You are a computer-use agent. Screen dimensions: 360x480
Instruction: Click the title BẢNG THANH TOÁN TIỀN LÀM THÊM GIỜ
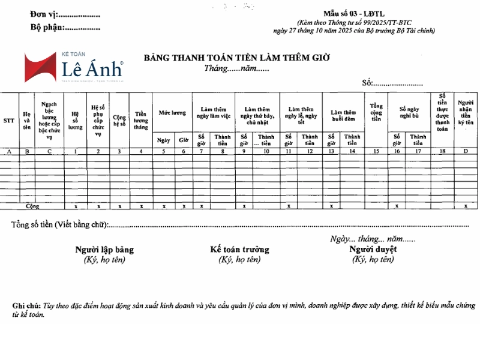pyautogui.click(x=237, y=58)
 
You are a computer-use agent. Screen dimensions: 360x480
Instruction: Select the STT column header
pyautogui.click(x=9, y=120)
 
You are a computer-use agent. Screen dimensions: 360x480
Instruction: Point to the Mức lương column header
pyautogui.click(x=172, y=113)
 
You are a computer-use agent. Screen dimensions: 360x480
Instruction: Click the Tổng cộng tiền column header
pyautogui.click(x=376, y=112)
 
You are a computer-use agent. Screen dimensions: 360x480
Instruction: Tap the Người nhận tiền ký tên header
pyautogui.click(x=466, y=113)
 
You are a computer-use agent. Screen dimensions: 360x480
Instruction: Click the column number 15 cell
pyautogui.click(x=376, y=152)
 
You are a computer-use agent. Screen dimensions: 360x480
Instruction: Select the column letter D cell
pyautogui.click(x=466, y=152)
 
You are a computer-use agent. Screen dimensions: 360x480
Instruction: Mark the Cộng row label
pyautogui.click(x=32, y=206)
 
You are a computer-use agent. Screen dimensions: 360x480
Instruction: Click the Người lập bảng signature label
pyautogui.click(x=104, y=250)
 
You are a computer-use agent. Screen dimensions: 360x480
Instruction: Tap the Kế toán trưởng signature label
pyautogui.click(x=239, y=250)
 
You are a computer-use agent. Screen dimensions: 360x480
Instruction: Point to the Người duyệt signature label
pyautogui.click(x=373, y=249)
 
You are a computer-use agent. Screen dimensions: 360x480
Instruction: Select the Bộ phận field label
pyautogui.click(x=47, y=28)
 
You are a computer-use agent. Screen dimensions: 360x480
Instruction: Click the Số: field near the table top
pyautogui.click(x=367, y=83)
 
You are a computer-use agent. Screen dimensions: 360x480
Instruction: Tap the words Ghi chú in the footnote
pyautogui.click(x=26, y=306)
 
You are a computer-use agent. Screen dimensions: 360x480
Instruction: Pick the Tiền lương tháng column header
pyautogui.click(x=141, y=119)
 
